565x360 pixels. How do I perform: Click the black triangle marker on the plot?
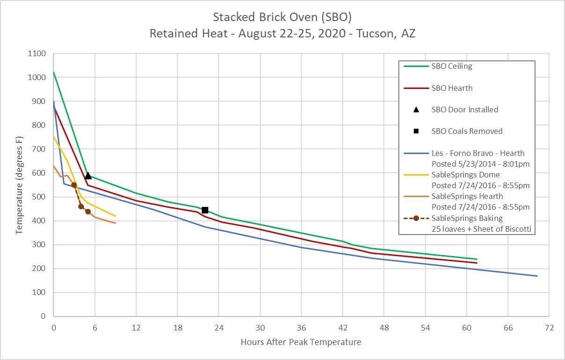click(x=88, y=176)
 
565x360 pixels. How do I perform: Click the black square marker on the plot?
click(x=205, y=210)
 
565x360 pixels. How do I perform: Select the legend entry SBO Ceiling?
click(x=452, y=66)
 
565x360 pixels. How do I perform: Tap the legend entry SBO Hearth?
click(x=452, y=88)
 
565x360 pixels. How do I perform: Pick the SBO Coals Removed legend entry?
click(x=467, y=131)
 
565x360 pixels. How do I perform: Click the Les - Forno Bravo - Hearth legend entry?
click(x=477, y=153)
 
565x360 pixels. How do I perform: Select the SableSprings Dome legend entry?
click(x=465, y=175)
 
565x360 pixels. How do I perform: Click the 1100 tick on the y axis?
click(x=37, y=54)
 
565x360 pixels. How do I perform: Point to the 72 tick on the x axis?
click(x=549, y=328)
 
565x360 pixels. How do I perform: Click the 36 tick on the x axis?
click(x=301, y=328)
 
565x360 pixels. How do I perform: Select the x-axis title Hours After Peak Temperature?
click(x=301, y=342)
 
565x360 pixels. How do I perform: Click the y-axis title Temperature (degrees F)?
click(x=18, y=185)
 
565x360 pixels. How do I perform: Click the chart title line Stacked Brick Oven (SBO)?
click(x=282, y=18)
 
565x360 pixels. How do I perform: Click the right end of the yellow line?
click(x=116, y=216)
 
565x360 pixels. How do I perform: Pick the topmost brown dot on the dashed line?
click(x=74, y=185)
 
